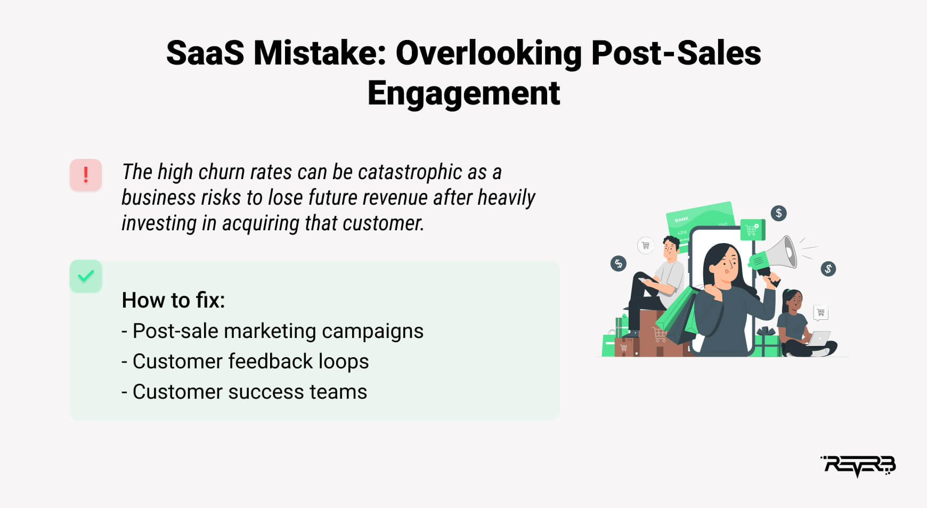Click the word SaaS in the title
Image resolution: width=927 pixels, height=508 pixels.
pos(205,53)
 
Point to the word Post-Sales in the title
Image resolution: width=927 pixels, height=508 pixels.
pos(676,53)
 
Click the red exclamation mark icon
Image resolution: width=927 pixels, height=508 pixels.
pos(86,175)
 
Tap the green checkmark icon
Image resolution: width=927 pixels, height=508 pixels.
pos(86,276)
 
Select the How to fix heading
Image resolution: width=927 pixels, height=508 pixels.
pos(173,300)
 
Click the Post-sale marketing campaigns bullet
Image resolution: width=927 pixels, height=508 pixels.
pos(272,331)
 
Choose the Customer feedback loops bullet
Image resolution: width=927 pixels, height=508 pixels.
pos(245,361)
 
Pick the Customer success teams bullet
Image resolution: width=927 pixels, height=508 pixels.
pos(244,392)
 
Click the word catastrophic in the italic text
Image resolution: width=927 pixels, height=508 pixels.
pos(410,172)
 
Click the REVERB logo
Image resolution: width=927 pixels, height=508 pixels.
pos(858,466)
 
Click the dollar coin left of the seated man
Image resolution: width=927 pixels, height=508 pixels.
pos(619,263)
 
